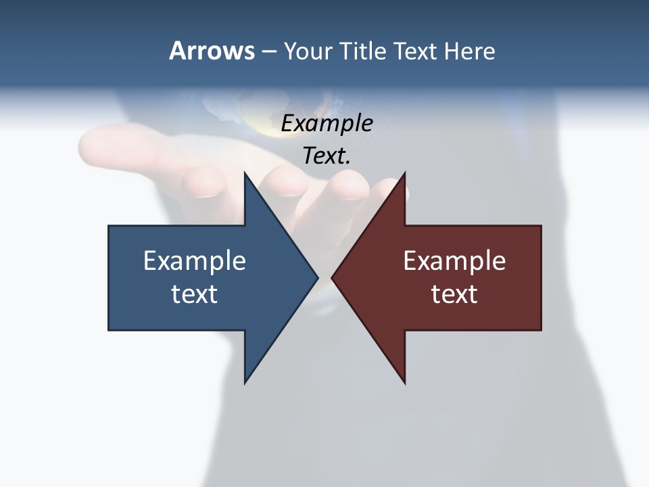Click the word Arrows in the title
tap(212, 51)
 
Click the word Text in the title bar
tap(416, 51)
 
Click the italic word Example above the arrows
tap(327, 124)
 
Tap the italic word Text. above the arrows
tap(327, 156)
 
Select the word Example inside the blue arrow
tap(195, 261)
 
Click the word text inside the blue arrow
tap(195, 294)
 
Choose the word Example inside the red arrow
tap(454, 261)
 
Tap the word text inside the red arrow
tap(454, 294)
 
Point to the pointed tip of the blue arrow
tap(318, 277)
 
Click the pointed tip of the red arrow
tap(331, 277)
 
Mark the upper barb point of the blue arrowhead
tap(245, 172)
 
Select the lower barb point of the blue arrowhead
tap(245, 384)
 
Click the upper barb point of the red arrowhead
tap(404, 172)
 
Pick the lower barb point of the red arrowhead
tap(404, 384)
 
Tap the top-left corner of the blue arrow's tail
tap(109, 226)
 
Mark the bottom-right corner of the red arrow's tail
tap(541, 330)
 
